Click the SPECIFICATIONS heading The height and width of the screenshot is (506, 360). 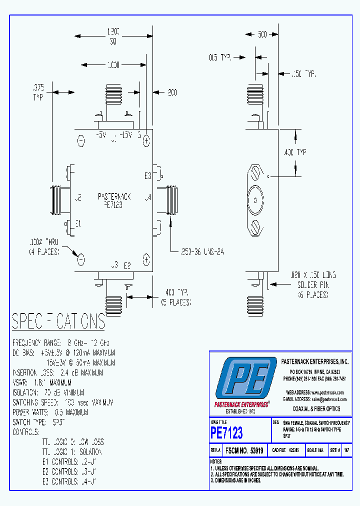coord(58,321)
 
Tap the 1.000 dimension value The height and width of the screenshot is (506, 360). coord(113,65)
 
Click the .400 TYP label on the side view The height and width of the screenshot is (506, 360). coord(308,152)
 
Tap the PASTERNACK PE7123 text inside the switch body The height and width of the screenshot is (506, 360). coord(113,200)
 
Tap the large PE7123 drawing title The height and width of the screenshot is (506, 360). coord(226,432)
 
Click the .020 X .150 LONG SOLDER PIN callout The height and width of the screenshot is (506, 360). coord(310,284)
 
